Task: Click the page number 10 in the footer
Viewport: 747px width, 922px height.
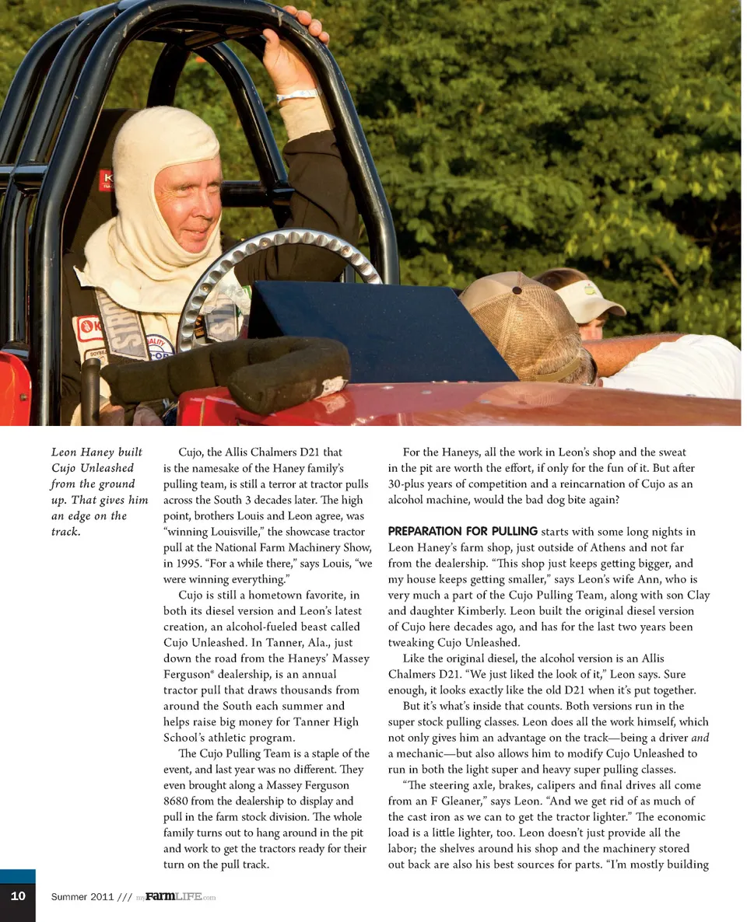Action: [17, 896]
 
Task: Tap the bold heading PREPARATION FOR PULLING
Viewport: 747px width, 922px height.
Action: [462, 532]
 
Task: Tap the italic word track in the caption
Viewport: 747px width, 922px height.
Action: [65, 533]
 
